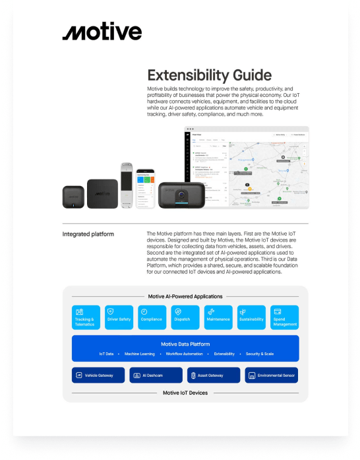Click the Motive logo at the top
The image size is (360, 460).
(102, 33)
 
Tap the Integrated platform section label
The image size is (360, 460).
(88, 234)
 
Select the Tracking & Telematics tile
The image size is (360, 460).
(86, 317)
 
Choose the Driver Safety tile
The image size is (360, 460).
(119, 317)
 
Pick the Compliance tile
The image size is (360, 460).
(152, 317)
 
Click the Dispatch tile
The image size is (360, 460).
(185, 317)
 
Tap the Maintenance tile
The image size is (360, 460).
(218, 317)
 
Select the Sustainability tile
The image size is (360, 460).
(251, 317)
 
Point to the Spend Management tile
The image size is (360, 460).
(284, 317)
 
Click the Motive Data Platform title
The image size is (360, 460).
(185, 344)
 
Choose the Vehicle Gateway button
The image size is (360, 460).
(98, 376)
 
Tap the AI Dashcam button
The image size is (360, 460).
(156, 376)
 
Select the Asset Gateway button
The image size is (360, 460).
(214, 376)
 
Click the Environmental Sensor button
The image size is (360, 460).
(271, 376)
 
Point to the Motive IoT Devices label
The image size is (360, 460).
(185, 393)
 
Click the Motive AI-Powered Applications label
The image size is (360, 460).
(185, 296)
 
